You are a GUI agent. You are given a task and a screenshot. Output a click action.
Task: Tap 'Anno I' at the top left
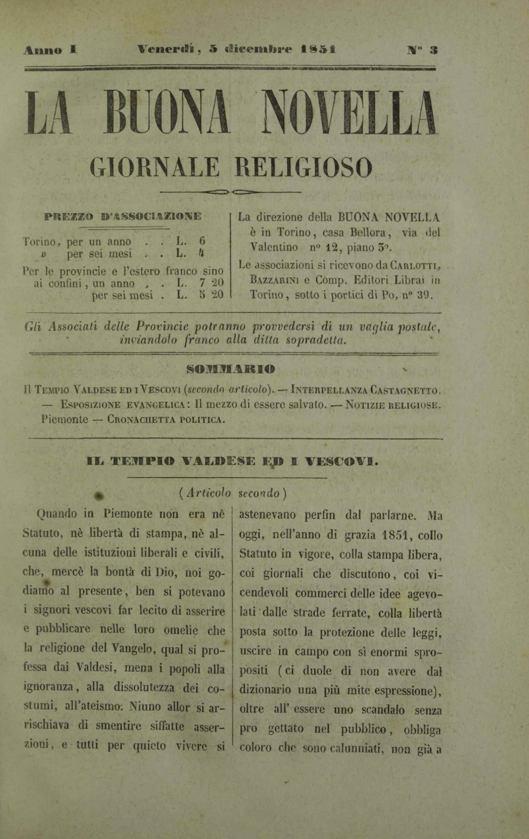[x=50, y=51]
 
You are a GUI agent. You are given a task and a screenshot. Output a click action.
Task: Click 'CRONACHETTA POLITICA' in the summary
[x=165, y=419]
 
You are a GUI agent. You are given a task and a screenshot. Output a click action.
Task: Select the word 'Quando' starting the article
[x=56, y=514]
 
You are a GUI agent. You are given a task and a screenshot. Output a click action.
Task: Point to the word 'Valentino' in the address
[x=274, y=247]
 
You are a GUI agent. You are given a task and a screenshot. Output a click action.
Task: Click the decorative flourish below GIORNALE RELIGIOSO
[x=231, y=192]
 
